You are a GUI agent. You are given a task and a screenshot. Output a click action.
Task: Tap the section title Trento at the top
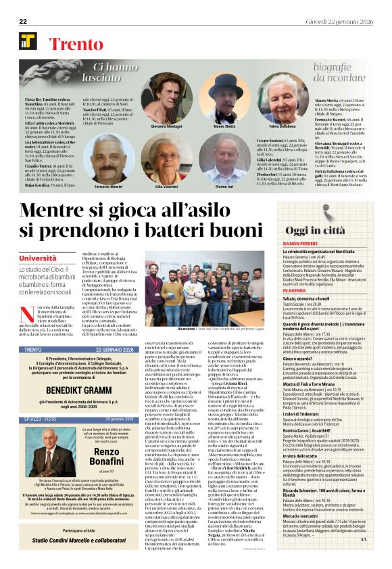(75, 45)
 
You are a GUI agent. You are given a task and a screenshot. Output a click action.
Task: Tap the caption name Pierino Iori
(225, 186)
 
